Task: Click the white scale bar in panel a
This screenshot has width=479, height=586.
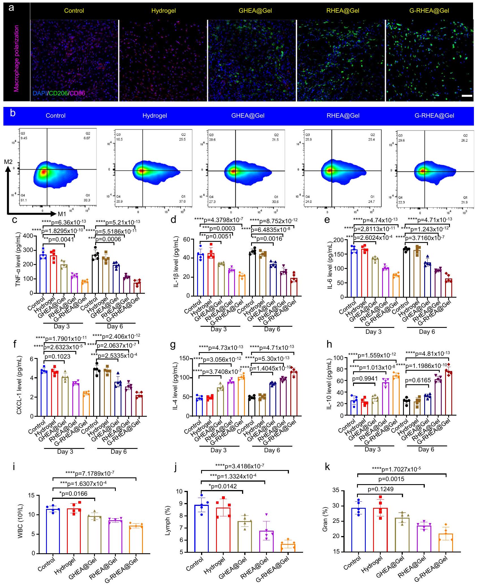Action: click(467, 96)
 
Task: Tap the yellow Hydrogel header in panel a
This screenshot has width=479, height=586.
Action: click(164, 11)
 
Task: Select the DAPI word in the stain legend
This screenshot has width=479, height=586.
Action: click(40, 93)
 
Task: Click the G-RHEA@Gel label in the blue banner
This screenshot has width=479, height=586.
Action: click(434, 115)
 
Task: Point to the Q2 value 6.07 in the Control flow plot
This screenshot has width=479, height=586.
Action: click(87, 138)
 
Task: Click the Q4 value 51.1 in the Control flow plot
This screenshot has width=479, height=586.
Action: click(24, 200)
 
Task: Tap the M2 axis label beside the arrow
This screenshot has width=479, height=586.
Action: click(8, 162)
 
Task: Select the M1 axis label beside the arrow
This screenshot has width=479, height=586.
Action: click(62, 214)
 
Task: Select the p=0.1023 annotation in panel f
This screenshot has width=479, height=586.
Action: click(57, 357)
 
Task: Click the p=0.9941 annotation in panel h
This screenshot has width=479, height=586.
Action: click(365, 378)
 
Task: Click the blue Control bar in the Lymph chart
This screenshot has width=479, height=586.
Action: click(202, 528)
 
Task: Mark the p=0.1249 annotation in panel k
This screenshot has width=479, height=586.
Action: click(380, 489)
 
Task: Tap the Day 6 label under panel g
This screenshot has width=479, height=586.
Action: click(272, 450)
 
